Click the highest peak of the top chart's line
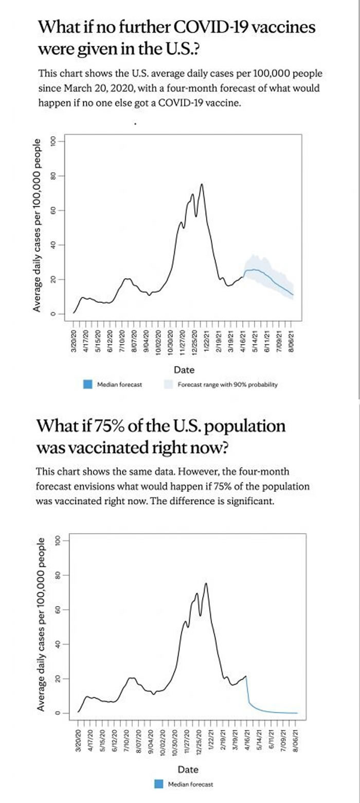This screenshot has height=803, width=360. [202, 184]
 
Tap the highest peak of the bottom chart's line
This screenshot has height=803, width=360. [206, 583]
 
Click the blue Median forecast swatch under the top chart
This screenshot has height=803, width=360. [87, 384]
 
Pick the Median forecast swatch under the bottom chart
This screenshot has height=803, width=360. [158, 784]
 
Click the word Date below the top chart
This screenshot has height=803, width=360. [184, 370]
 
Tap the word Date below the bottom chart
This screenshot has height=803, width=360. [188, 770]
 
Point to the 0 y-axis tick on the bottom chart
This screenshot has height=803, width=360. [58, 713]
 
